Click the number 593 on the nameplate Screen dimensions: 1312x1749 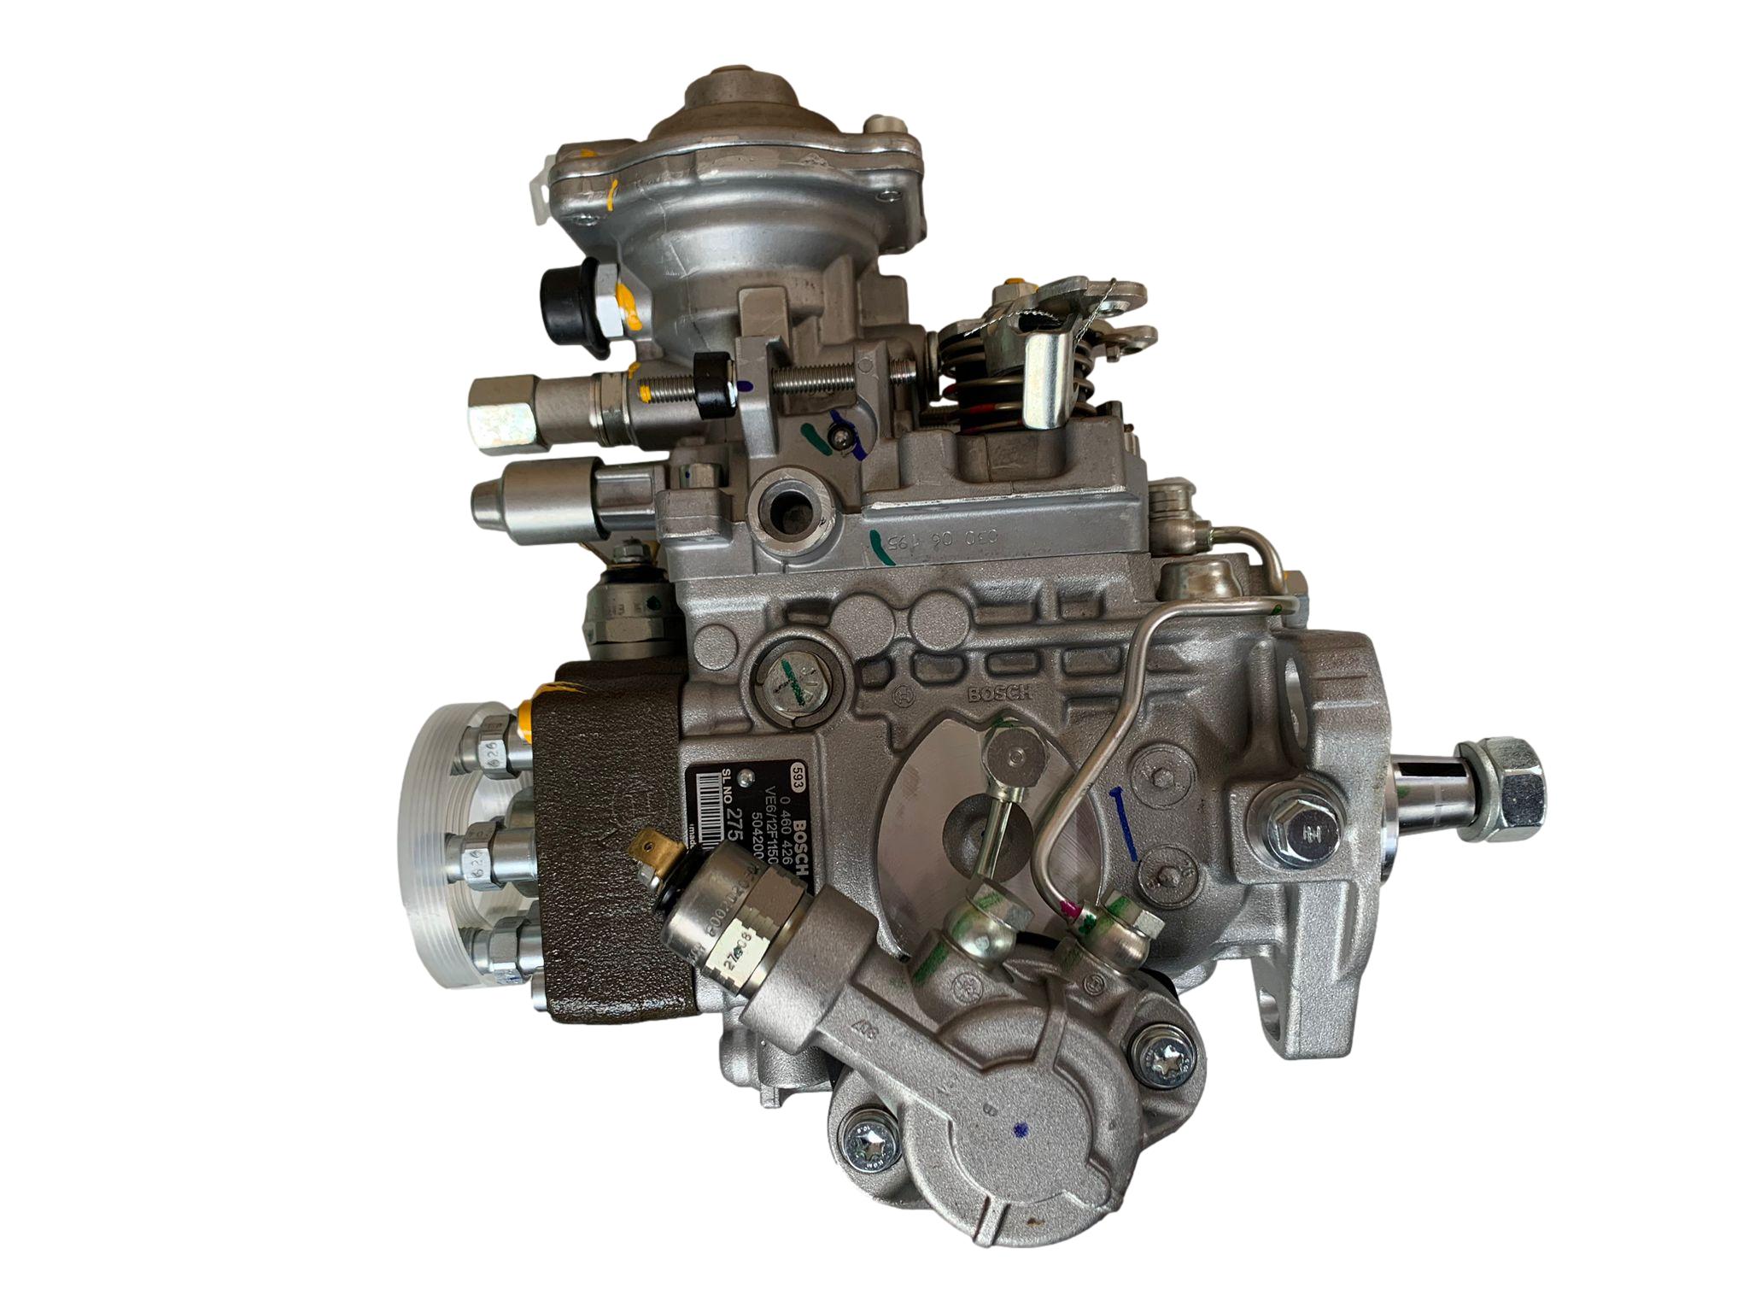tap(800, 766)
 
